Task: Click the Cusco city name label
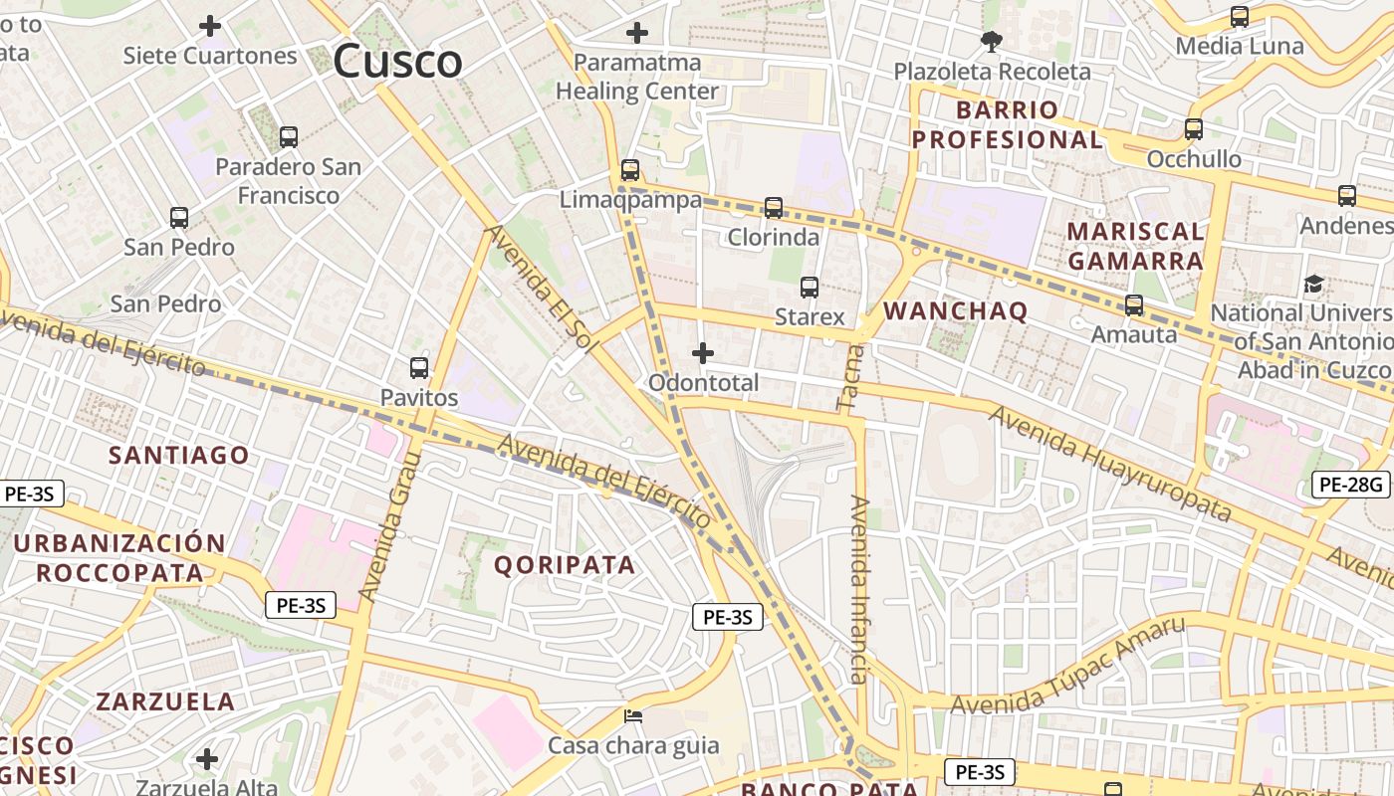[397, 62]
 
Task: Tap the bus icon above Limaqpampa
[630, 169]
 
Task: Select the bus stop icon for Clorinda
[774, 208]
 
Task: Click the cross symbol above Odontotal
[703, 353]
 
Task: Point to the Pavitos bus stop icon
[419, 368]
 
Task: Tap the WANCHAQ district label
[955, 311]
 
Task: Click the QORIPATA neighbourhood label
[565, 565]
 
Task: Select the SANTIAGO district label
[179, 456]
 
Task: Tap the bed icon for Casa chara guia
[633, 716]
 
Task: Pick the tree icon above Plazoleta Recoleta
[991, 42]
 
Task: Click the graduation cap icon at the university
[1314, 285]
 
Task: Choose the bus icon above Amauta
[1134, 305]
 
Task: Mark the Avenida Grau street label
[389, 527]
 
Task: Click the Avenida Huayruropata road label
[1110, 463]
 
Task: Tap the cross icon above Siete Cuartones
[210, 26]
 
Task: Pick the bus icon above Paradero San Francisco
[289, 137]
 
